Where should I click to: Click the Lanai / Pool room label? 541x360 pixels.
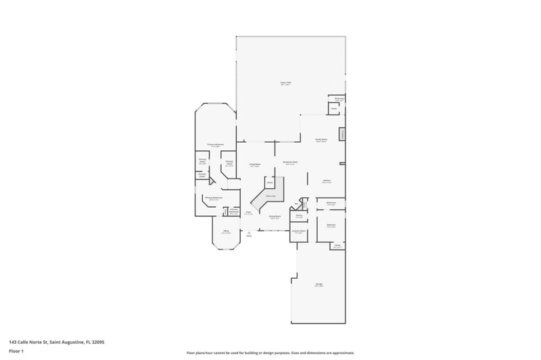[285, 84]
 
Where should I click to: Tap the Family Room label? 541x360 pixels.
[321, 140]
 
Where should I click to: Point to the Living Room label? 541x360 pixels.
[254, 164]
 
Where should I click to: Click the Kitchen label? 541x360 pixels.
[326, 181]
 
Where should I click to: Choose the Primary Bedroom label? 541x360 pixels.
[215, 145]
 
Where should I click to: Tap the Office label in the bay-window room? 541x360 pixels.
[226, 231]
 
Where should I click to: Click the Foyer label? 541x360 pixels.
[248, 212]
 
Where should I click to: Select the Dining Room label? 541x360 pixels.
[275, 217]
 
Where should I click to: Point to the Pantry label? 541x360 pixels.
[299, 217]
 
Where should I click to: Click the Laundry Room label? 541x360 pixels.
[299, 231]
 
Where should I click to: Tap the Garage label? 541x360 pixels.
[319, 285]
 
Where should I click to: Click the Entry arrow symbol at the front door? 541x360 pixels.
[249, 232]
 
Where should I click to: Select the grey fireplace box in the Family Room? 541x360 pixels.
[342, 134]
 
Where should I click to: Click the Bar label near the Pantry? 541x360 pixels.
[297, 203]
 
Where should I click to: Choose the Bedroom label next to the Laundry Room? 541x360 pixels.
[331, 225]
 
